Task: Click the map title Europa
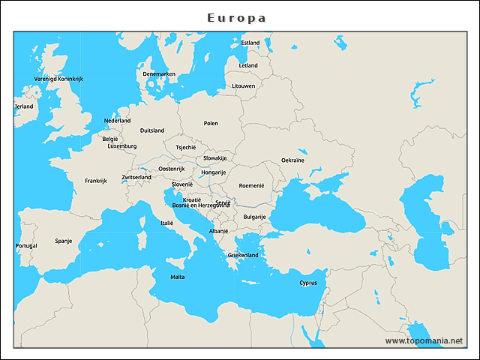[x=237, y=17]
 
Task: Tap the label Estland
[x=250, y=43]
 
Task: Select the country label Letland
[x=248, y=65]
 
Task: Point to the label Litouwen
[x=244, y=85]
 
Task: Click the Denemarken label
[x=159, y=73]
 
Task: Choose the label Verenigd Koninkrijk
[x=58, y=79]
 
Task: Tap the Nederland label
[x=117, y=120]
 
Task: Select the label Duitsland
[x=152, y=130]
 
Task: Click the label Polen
[x=211, y=123]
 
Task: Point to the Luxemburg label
[x=122, y=146]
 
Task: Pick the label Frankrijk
[x=96, y=180]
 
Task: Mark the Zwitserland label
[x=136, y=177]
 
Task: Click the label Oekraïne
[x=292, y=160]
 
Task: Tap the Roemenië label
[x=252, y=185]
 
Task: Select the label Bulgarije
[x=254, y=217]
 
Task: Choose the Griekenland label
[x=243, y=255]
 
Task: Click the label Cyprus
[x=308, y=283]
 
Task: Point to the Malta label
[x=177, y=277]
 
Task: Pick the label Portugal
[x=26, y=245]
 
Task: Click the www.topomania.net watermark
[x=424, y=340]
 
